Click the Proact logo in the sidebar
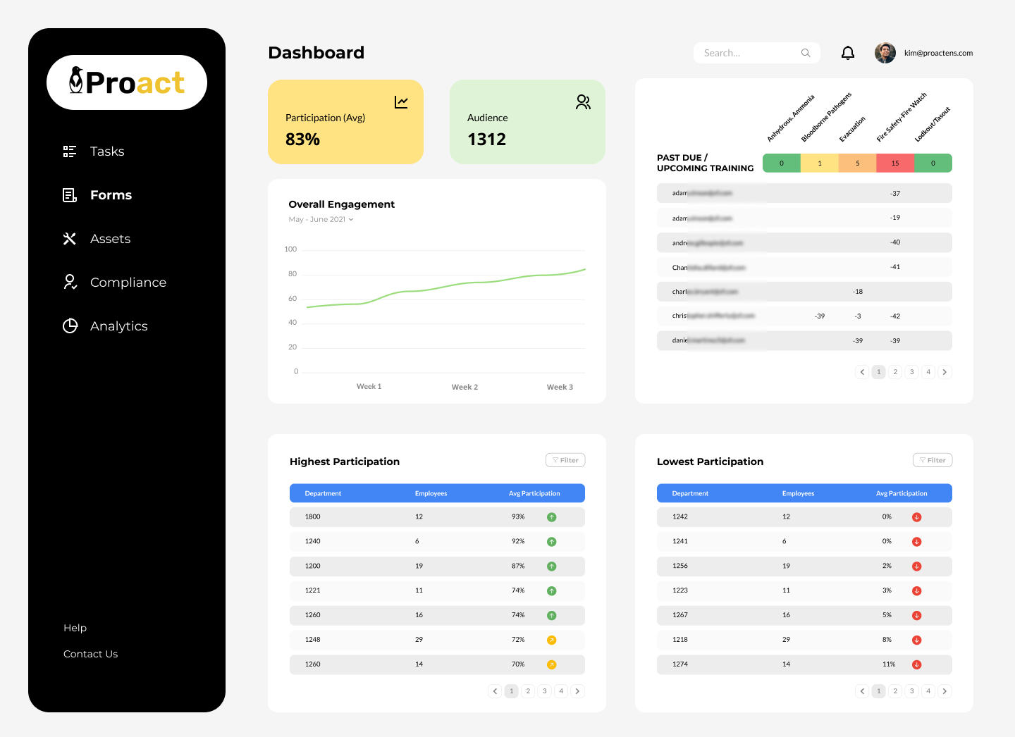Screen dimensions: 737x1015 click(x=127, y=82)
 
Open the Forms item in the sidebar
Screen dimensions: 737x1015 click(x=111, y=195)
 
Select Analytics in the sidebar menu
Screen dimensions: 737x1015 click(x=118, y=326)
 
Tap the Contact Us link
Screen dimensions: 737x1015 click(x=90, y=654)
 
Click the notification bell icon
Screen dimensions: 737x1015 click(x=848, y=53)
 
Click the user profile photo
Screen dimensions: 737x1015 click(x=885, y=53)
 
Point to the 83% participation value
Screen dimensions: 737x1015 click(x=302, y=140)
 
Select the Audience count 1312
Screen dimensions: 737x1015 click(x=486, y=140)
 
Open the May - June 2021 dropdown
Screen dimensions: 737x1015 click(x=321, y=219)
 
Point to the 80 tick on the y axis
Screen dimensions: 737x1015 click(x=293, y=274)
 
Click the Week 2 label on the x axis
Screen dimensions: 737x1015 click(x=465, y=387)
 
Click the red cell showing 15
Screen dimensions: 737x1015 click(x=895, y=163)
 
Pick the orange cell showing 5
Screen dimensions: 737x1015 click(x=857, y=163)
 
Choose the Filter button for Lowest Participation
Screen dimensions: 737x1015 click(x=932, y=460)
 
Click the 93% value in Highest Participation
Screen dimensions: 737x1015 click(x=518, y=516)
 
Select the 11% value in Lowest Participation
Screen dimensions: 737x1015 click(x=889, y=664)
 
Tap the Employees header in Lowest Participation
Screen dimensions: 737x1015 click(x=798, y=493)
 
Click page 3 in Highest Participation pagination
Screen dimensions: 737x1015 click(x=544, y=691)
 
